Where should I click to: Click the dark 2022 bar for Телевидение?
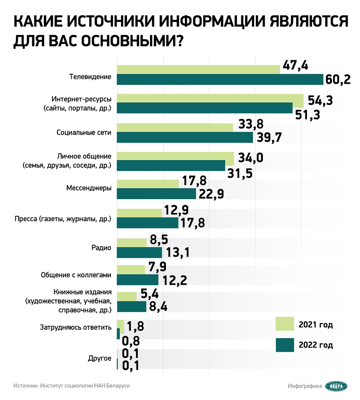pos(219,80)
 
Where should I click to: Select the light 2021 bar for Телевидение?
pos(198,69)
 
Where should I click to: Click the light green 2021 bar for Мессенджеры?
pos(148,184)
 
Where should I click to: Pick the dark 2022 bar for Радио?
pos(139,252)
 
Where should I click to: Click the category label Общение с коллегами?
pos(76,275)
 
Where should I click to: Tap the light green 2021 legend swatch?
pos(285,324)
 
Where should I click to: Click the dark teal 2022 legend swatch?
pos(285,345)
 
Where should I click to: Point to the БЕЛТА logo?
pos(336,386)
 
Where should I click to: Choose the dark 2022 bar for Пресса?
pos(147,223)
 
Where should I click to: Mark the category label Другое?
pos(100,358)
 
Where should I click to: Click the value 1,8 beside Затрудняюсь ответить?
pos(136,326)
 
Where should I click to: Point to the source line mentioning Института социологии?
pos(71,386)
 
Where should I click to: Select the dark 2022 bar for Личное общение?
pos(171,166)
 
